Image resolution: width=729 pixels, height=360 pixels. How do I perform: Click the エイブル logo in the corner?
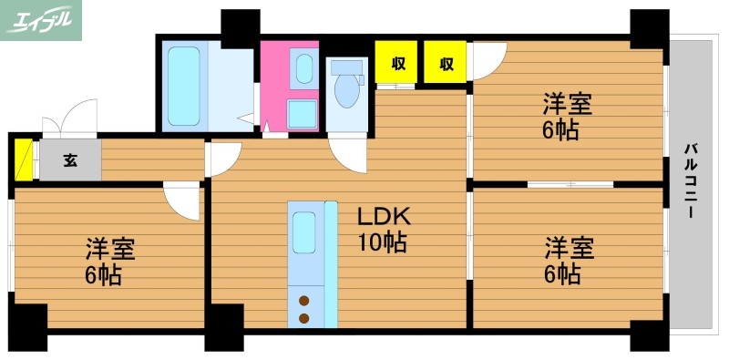click(x=40, y=20)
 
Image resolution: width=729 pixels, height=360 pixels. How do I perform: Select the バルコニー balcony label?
click(x=691, y=181)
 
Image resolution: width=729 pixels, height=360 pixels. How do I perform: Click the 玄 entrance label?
click(x=70, y=160)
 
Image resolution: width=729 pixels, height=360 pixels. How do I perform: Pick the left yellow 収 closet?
click(x=396, y=62)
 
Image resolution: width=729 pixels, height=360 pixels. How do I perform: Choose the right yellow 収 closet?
click(x=445, y=62)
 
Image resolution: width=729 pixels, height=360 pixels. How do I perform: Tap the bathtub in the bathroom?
click(x=184, y=86)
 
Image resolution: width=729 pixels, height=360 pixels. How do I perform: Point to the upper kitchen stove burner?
click(x=304, y=301)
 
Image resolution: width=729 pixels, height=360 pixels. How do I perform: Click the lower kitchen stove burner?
click(x=304, y=319)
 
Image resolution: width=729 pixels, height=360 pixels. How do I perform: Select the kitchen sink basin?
click(x=304, y=232)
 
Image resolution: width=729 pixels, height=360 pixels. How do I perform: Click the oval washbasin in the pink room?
click(x=304, y=69)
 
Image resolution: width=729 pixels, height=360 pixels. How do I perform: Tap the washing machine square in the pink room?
click(x=303, y=115)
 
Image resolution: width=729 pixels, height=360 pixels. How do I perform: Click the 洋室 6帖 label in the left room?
click(x=109, y=262)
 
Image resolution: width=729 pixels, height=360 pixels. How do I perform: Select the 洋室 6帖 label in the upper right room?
click(x=567, y=117)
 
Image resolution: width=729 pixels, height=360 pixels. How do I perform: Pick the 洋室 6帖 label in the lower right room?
click(x=569, y=260)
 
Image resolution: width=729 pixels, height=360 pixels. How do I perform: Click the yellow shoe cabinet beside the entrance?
click(x=24, y=159)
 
